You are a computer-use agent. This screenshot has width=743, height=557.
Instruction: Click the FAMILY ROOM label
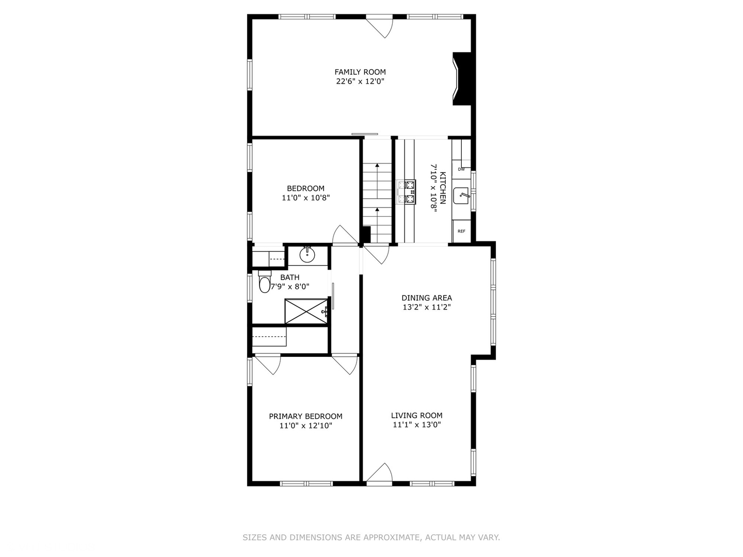click(x=360, y=72)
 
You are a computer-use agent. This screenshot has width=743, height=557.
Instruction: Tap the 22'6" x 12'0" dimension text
click(x=360, y=81)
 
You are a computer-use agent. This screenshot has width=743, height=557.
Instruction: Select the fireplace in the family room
click(x=462, y=79)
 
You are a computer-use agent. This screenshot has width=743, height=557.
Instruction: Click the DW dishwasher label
click(x=461, y=170)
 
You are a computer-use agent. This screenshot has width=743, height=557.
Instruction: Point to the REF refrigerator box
click(x=461, y=232)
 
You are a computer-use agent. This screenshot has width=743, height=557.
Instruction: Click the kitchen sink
click(x=461, y=196)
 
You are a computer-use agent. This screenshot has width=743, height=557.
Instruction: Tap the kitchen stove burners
click(x=407, y=192)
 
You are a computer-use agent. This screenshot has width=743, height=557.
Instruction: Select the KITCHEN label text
click(x=443, y=188)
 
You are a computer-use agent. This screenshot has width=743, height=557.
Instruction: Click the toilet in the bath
click(x=264, y=282)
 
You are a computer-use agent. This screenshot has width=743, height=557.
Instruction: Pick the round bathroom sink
click(x=307, y=254)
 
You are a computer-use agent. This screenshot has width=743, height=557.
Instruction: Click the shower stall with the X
click(x=306, y=312)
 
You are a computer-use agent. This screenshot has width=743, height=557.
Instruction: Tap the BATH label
click(x=290, y=277)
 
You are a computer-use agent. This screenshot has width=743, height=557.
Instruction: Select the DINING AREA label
click(x=427, y=298)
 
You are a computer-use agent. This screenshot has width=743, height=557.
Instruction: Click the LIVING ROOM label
click(x=417, y=416)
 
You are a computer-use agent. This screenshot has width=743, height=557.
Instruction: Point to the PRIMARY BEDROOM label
click(x=305, y=416)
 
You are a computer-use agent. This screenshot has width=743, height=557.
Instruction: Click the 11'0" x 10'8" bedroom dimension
click(x=306, y=198)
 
